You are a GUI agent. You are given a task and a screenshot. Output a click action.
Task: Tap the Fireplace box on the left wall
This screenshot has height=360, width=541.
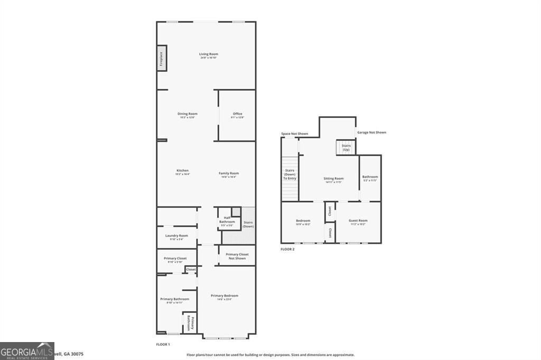pyautogui.click(x=161, y=58)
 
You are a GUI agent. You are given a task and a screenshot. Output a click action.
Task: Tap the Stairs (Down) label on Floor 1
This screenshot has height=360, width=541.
pyautogui.click(x=248, y=224)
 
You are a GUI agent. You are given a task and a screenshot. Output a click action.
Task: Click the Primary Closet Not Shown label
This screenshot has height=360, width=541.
pyautogui.click(x=237, y=256)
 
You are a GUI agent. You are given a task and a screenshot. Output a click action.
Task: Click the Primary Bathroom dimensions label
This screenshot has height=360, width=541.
pyautogui.click(x=174, y=303)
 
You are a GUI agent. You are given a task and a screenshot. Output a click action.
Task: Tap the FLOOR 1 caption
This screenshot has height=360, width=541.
pyautogui.click(x=163, y=344)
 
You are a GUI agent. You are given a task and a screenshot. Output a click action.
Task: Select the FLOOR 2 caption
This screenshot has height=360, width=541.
pyautogui.click(x=287, y=249)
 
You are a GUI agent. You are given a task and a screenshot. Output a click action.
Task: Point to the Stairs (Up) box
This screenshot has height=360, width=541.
pyautogui.click(x=346, y=148)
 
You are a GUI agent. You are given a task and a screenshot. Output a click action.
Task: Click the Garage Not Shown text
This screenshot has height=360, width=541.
pyautogui.click(x=371, y=132)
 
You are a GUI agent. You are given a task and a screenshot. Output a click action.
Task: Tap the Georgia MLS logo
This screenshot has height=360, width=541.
pyautogui.click(x=27, y=351)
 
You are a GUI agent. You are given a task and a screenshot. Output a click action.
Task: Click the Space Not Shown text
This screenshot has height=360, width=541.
pyautogui.click(x=294, y=134)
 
